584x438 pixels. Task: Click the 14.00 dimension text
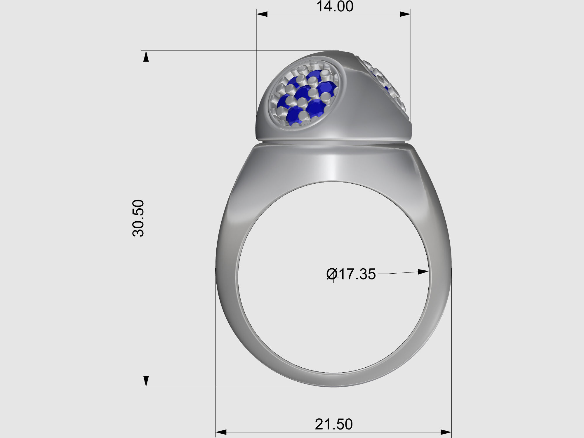click(x=335, y=6)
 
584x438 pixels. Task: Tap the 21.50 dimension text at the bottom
click(x=334, y=424)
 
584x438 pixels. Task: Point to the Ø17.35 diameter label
click(x=351, y=274)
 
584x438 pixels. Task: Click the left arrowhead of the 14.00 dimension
click(x=262, y=14)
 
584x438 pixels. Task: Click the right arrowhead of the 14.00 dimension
click(x=405, y=14)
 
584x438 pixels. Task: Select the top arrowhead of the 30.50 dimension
click(x=146, y=56)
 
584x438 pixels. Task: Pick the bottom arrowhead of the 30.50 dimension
click(x=146, y=381)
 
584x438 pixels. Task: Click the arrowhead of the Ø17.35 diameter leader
click(x=423, y=272)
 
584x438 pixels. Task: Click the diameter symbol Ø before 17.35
click(x=332, y=274)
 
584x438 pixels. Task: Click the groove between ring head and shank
click(x=333, y=142)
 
